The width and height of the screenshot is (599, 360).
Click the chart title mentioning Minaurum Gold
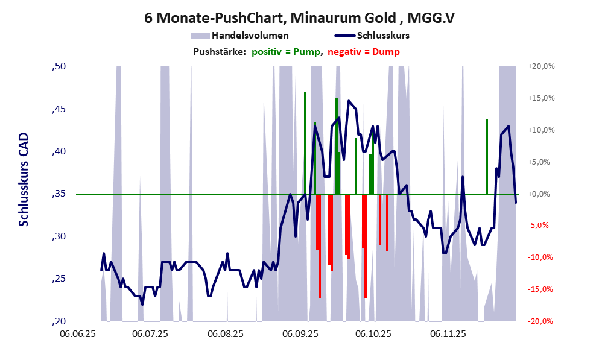tap(299, 17)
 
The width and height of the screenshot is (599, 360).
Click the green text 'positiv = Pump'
tap(285, 52)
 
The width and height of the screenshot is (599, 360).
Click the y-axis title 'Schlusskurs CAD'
tap(24, 182)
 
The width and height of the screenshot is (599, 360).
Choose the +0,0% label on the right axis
tap(541, 194)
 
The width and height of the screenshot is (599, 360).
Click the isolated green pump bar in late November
tap(487, 156)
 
